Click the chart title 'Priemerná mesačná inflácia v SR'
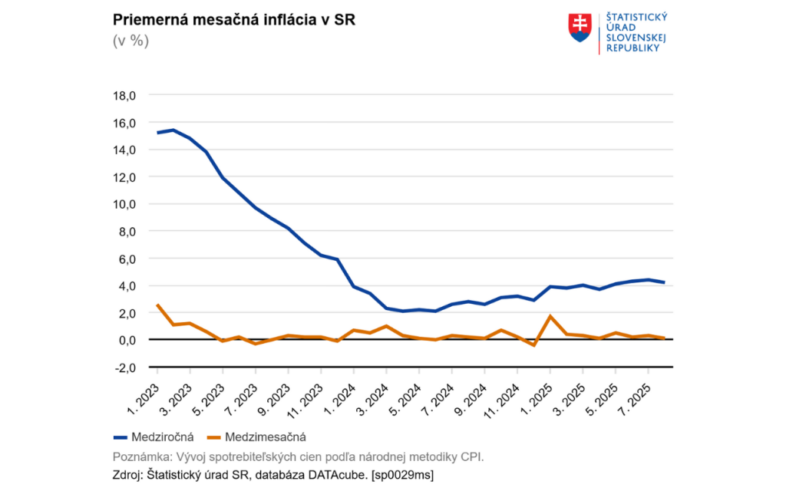(x=234, y=20)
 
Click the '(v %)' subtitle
(x=130, y=41)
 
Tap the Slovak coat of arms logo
(x=580, y=27)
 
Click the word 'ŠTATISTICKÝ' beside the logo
(x=637, y=16)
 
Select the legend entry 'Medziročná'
(x=153, y=437)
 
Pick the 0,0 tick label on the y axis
(x=126, y=340)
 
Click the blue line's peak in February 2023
(x=173, y=130)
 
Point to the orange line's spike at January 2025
(x=550, y=316)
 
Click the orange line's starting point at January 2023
(x=157, y=305)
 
